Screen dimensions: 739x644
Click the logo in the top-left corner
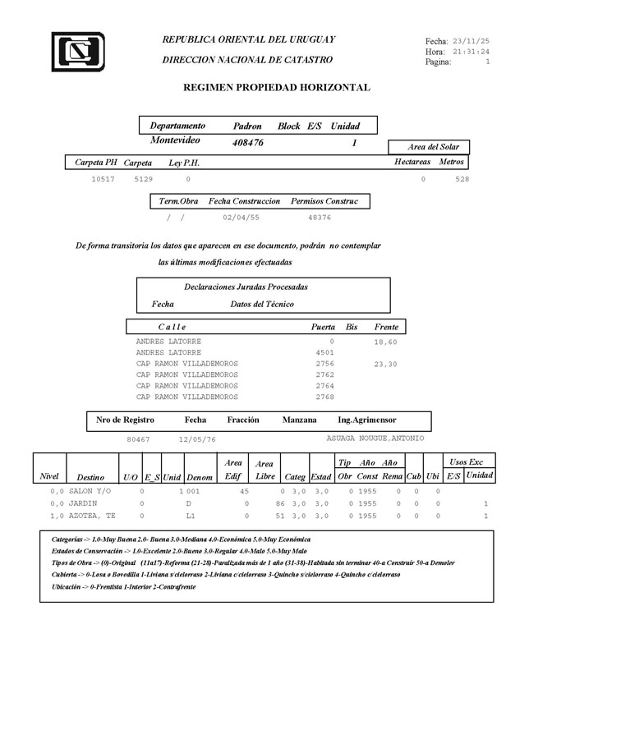pyautogui.click(x=77, y=52)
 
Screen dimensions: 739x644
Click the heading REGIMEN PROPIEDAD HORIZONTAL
pyautogui.click(x=276, y=87)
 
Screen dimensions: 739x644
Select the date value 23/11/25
pyautogui.click(x=471, y=40)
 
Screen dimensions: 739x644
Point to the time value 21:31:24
pyautogui.click(x=471, y=51)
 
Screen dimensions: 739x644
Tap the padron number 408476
pyautogui.click(x=248, y=143)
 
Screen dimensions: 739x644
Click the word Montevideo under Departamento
pyautogui.click(x=176, y=141)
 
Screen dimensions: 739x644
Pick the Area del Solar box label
pyautogui.click(x=433, y=147)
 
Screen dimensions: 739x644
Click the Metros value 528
pyautogui.click(x=462, y=178)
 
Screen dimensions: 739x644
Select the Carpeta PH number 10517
pyautogui.click(x=103, y=178)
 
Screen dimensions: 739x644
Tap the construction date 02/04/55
pyautogui.click(x=241, y=218)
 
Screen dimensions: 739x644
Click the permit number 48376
pyautogui.click(x=320, y=218)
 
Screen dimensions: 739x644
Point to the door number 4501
pyautogui.click(x=324, y=352)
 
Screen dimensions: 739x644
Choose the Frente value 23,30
pyautogui.click(x=384, y=364)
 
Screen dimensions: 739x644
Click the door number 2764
pyautogui.click(x=324, y=385)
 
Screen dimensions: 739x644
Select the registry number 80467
pyautogui.click(x=138, y=439)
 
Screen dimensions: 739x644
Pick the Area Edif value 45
pyautogui.click(x=244, y=491)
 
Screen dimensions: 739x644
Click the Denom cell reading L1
pyautogui.click(x=191, y=516)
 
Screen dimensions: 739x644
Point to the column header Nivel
pyautogui.click(x=49, y=476)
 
